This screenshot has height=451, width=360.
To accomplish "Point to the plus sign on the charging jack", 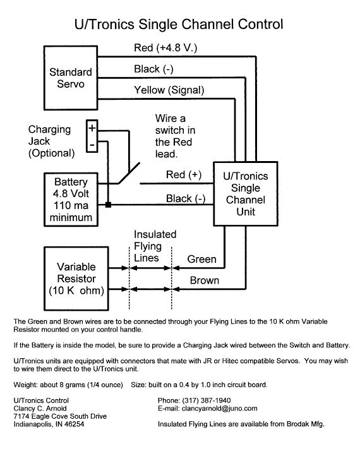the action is (x=92, y=128).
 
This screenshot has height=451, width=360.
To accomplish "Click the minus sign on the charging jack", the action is (x=92, y=144).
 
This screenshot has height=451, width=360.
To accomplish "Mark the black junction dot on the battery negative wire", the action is (x=108, y=205).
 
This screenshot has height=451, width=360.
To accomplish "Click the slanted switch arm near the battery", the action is (x=129, y=173).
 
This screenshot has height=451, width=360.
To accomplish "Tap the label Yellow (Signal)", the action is (x=169, y=90).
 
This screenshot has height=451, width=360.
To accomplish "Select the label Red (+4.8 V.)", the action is (x=165, y=48).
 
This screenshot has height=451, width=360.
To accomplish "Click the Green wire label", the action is (x=201, y=259).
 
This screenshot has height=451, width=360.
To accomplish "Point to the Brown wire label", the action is (x=205, y=280).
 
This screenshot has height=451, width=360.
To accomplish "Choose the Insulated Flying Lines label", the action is (x=155, y=246).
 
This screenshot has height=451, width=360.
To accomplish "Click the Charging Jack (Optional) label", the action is (x=51, y=141).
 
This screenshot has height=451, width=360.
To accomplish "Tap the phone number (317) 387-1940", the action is (x=207, y=400).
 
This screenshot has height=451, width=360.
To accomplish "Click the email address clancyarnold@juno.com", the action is (x=219, y=408).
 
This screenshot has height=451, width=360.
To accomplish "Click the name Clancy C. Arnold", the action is (x=40, y=408).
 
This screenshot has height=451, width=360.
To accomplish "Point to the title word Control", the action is (x=260, y=25).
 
